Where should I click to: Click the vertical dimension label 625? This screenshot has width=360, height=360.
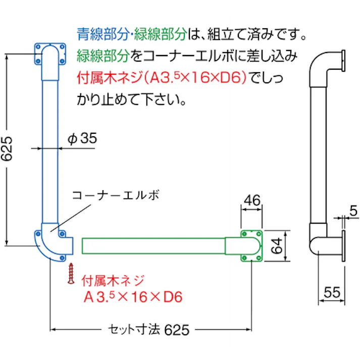coord(8,149)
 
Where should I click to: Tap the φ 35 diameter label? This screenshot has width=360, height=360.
coord(81,139)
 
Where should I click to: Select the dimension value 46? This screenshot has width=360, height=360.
coord(251,201)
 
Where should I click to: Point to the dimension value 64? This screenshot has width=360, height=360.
coord(275,246)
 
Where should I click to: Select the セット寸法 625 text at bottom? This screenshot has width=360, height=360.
coord(149,330)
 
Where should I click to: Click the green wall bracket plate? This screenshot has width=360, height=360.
coord(252,246)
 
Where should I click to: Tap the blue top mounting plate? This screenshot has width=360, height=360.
coord(50,54)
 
